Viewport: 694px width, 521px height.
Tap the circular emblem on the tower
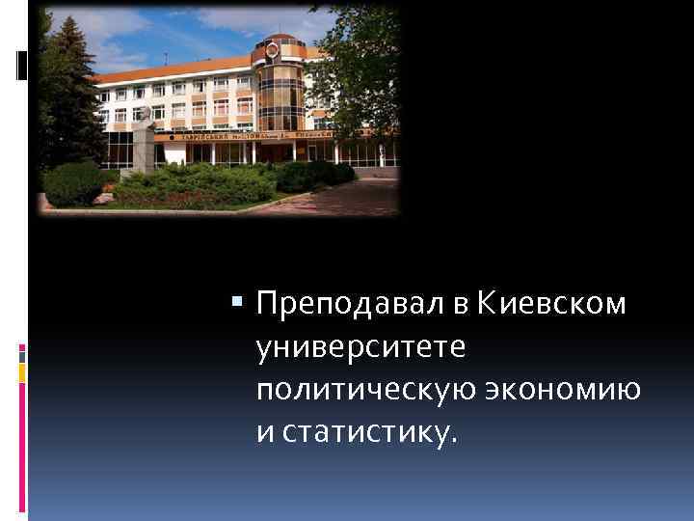(272, 49)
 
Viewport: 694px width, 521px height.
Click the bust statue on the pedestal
(144, 115)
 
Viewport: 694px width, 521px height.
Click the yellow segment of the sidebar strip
(22, 370)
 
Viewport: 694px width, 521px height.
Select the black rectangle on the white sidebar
(22, 65)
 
